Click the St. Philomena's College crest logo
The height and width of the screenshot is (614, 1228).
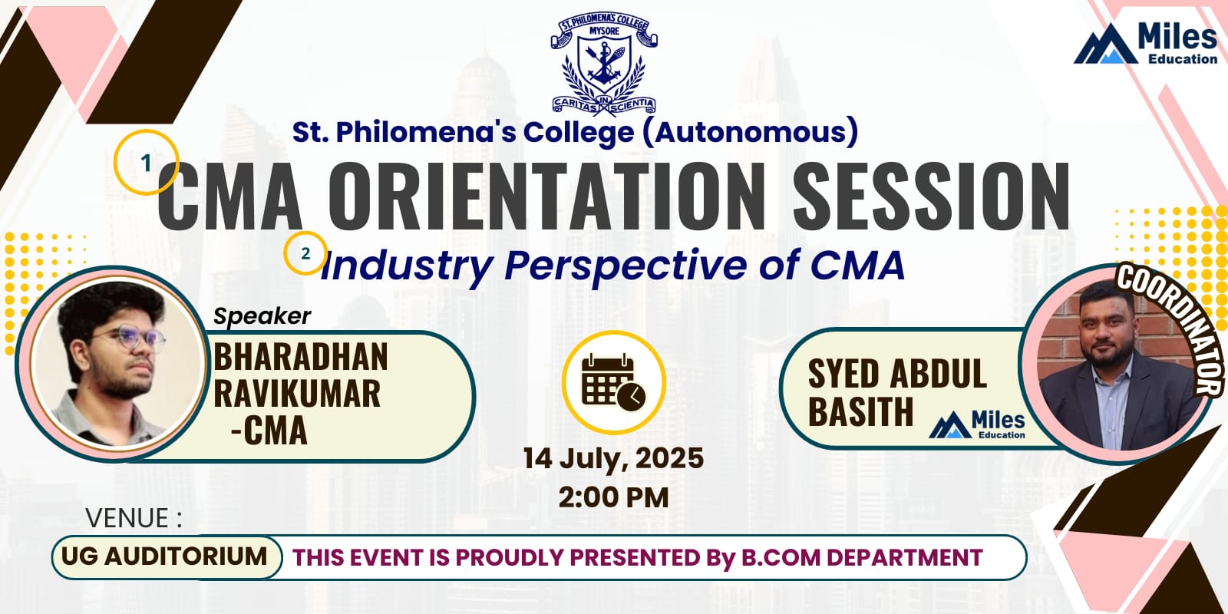[603, 64]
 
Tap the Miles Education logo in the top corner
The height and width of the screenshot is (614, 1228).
[1146, 44]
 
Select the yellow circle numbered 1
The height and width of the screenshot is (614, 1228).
[147, 162]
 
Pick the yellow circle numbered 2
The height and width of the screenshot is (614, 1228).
[305, 253]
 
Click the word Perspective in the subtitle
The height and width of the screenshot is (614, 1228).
[626, 266]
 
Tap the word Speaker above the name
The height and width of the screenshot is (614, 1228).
[262, 316]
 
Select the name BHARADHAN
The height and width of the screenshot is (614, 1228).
[300, 356]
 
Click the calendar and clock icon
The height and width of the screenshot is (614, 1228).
[613, 382]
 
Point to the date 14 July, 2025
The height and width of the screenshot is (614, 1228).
[613, 459]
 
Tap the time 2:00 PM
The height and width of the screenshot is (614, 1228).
[613, 498]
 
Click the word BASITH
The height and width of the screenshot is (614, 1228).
[860, 411]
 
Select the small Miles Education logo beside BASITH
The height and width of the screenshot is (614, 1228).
[977, 425]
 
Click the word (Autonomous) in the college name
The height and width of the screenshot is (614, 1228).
[749, 132]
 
